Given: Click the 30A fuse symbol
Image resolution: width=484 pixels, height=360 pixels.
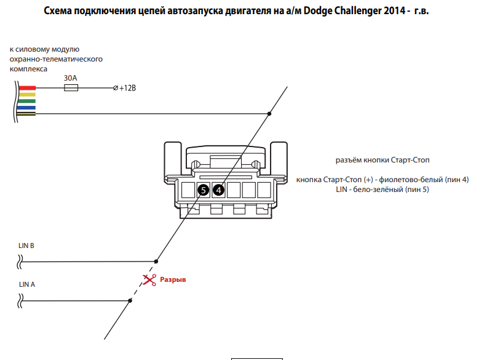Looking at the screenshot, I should point(71,89).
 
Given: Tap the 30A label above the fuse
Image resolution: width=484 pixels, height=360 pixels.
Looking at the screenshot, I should point(71,78).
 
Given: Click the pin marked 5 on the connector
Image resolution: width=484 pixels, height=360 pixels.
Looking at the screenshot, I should point(204,190).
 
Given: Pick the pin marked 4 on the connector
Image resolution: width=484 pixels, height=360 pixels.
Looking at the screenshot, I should point(218,190).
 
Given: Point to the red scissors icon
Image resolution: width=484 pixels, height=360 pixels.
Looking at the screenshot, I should point(149,280).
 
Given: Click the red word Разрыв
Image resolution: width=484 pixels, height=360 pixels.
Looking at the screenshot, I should point(173,279).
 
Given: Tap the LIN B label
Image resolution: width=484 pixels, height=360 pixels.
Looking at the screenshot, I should point(26,246).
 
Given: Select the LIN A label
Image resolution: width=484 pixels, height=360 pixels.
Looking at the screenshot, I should point(27,284).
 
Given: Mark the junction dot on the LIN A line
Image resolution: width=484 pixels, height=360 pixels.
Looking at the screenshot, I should point(130,301).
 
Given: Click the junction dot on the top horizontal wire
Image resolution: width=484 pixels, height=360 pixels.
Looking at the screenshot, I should point(269,114).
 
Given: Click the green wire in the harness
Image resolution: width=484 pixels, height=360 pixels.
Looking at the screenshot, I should point(27,101).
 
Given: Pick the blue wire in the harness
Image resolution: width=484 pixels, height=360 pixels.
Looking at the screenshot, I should point(27,107).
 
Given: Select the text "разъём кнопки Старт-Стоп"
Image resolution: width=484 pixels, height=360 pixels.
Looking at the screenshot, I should point(383,160).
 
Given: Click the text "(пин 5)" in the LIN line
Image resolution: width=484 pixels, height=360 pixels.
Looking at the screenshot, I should point(417,190).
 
